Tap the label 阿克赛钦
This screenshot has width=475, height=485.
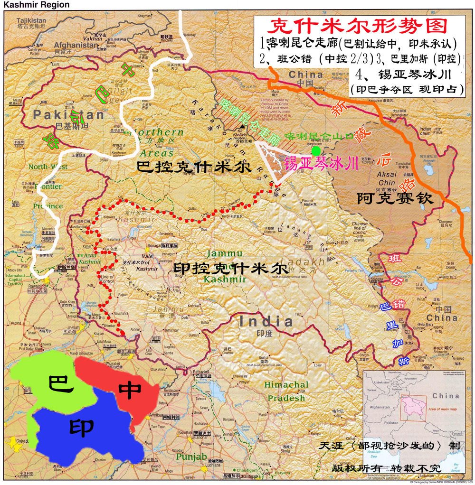pos(395,198)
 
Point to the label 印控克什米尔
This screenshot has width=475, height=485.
pos(230,269)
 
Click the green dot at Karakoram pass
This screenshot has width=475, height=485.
pos(315,151)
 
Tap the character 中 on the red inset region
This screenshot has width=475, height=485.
pos(130,390)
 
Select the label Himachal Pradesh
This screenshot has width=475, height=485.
pos(286,391)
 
